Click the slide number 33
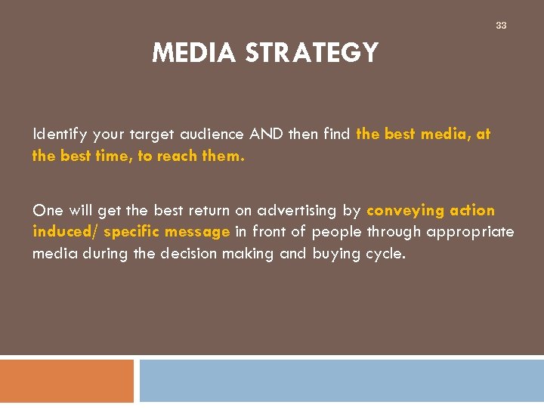click(x=501, y=26)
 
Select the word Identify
click(x=60, y=134)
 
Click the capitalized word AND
click(x=265, y=134)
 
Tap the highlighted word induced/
click(x=65, y=232)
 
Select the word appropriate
click(x=470, y=232)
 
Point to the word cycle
click(x=385, y=254)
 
